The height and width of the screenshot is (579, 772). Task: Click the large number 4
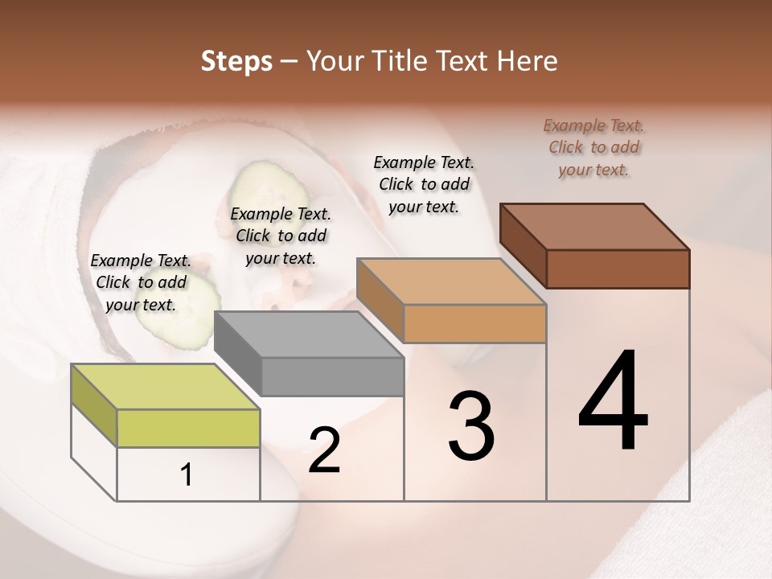click(x=613, y=400)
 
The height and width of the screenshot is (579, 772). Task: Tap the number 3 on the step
click(x=470, y=426)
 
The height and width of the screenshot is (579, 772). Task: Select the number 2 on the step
click(x=324, y=450)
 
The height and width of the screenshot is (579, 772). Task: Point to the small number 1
click(x=186, y=475)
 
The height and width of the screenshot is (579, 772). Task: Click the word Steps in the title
click(x=236, y=61)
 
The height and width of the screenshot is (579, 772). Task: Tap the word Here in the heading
click(x=528, y=61)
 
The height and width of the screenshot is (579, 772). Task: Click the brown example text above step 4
click(x=593, y=147)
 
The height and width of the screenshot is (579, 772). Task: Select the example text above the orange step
click(x=424, y=184)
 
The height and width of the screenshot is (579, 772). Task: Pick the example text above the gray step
click(x=281, y=236)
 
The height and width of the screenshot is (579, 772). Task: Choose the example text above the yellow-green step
click(x=141, y=282)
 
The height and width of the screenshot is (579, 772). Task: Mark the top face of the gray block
click(x=309, y=335)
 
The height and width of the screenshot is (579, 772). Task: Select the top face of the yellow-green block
click(x=166, y=387)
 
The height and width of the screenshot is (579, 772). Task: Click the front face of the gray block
click(x=333, y=376)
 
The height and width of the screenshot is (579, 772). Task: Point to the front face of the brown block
click(x=618, y=269)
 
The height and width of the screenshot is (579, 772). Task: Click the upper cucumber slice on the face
click(x=269, y=189)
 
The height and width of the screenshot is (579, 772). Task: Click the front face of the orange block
click(x=474, y=323)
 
